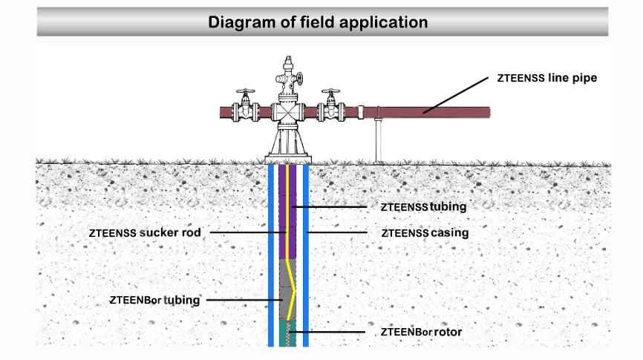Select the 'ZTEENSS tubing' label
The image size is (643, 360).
423,206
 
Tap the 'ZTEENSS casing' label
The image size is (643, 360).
425,233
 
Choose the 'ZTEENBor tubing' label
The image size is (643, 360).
154,300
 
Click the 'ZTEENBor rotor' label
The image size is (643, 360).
421,332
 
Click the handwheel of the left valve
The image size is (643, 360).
244,94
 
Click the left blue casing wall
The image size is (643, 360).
271,252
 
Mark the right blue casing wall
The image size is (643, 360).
304,252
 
